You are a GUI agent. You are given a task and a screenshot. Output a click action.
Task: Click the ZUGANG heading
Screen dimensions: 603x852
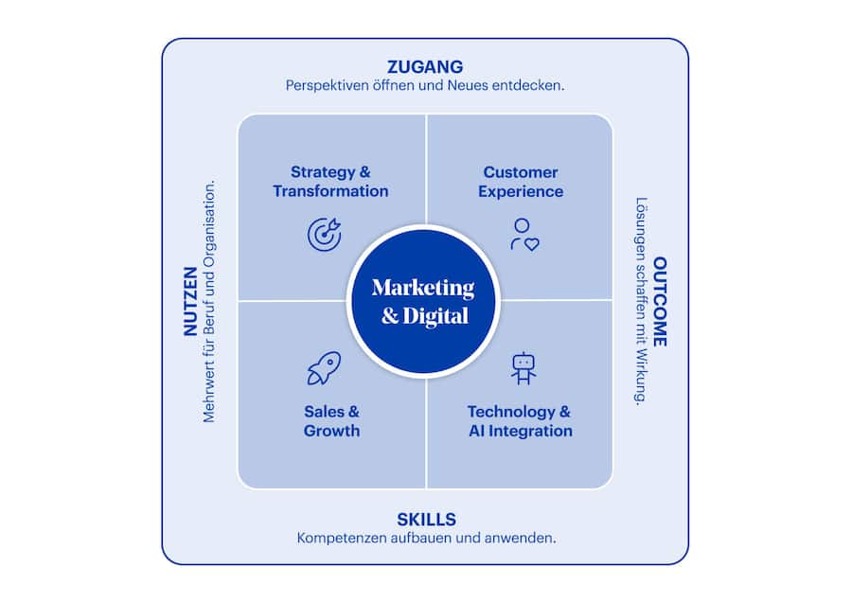[x=425, y=66]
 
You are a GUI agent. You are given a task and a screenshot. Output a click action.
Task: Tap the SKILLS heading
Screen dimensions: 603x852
[x=426, y=519]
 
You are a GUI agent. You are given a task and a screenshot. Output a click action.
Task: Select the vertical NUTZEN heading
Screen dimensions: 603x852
[x=189, y=301]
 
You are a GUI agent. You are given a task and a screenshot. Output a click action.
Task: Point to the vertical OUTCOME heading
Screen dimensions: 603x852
[x=660, y=301]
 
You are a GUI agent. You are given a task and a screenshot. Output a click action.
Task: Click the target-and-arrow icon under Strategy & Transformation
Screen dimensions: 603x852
[x=325, y=234]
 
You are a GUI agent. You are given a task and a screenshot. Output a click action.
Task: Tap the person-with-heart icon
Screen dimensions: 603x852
[x=524, y=234]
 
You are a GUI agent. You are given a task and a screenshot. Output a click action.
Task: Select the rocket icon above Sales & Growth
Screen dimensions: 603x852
[x=324, y=368]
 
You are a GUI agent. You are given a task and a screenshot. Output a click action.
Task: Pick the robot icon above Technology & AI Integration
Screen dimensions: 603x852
[x=524, y=368]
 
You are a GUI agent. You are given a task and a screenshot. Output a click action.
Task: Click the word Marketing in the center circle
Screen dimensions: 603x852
[x=423, y=288]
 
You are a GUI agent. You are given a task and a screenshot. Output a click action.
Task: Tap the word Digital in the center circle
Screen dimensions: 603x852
[x=436, y=316]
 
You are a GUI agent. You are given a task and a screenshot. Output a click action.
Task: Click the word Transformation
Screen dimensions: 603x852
[x=330, y=191]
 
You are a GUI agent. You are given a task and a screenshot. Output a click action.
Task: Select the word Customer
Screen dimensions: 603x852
[x=521, y=172]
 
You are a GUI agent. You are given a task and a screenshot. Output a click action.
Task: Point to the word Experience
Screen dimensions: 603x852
[x=521, y=191]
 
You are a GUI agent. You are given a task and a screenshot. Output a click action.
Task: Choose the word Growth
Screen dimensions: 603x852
[x=331, y=431]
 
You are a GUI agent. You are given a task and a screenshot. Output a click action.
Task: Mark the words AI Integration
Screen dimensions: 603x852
[x=521, y=431]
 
